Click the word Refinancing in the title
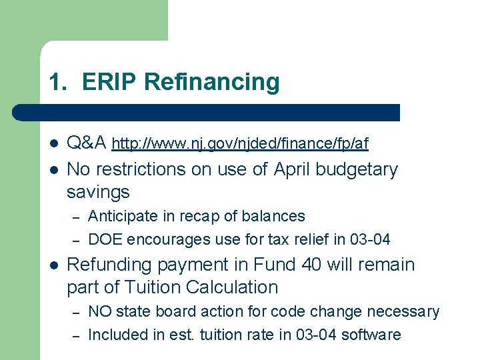coord(212,82)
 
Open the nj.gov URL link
coord(240,143)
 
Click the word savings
coord(98,193)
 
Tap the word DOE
coord(105,239)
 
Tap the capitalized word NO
coord(99,311)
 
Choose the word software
coord(371,335)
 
